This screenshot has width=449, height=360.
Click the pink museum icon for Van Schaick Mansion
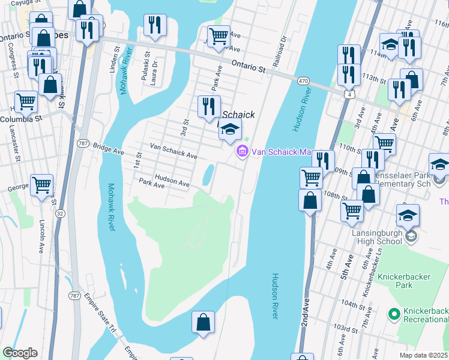pos(243,152)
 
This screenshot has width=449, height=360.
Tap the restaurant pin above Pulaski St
pos(155,25)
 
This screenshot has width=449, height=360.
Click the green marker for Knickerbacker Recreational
pos(394,313)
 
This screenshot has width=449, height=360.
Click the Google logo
pos(20,353)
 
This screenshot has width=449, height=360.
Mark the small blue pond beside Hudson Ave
pos(208,175)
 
